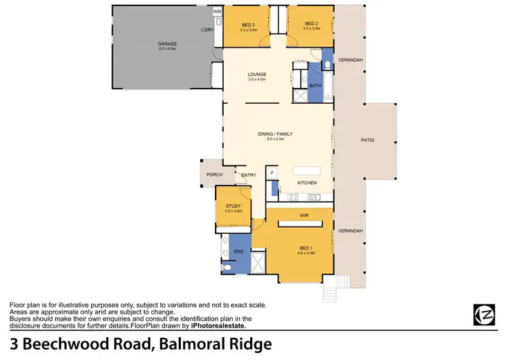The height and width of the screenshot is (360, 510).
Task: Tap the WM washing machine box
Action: pyautogui.click(x=217, y=12)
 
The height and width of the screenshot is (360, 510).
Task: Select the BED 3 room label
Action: pyautogui.click(x=248, y=24)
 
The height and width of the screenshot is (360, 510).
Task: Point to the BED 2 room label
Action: pyautogui.click(x=310, y=24)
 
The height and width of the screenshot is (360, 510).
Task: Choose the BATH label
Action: pyautogui.click(x=315, y=85)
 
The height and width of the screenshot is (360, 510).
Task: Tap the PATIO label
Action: pyautogui.click(x=367, y=141)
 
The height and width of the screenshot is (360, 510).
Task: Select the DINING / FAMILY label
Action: pyautogui.click(x=276, y=135)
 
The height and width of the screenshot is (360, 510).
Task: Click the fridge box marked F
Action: pyautogui.click(x=272, y=172)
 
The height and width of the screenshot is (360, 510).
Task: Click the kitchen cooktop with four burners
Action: pyautogui.click(x=293, y=196)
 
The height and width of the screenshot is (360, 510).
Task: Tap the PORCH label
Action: pyautogui.click(x=214, y=174)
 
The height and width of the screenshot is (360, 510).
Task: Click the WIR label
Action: pyautogui.click(x=304, y=216)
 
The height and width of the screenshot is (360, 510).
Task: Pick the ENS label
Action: pyautogui.click(x=238, y=250)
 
